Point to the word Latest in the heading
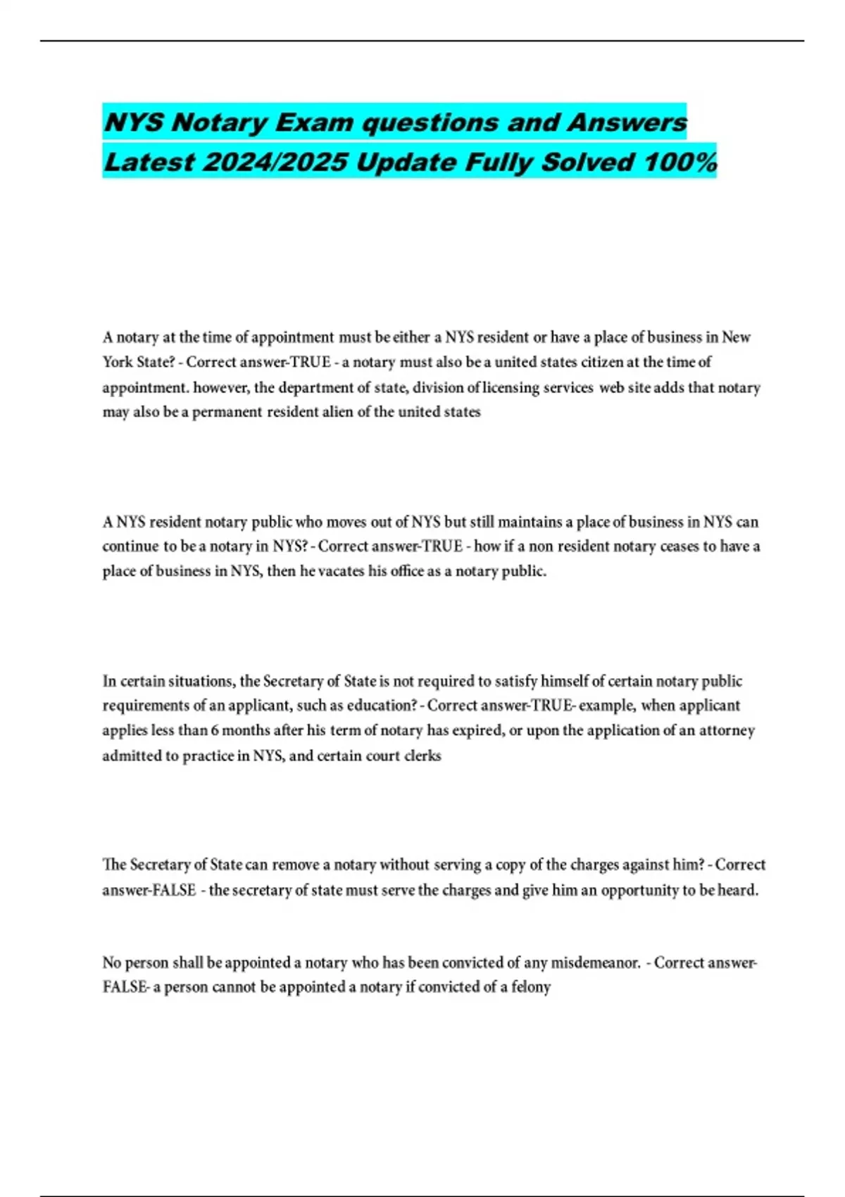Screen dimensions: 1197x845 148,163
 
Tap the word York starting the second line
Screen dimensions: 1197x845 117,363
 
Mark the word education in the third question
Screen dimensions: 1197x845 387,706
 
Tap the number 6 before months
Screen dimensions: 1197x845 215,731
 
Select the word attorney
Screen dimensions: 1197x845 727,731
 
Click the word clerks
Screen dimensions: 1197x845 423,756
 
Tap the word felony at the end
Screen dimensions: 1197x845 531,987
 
